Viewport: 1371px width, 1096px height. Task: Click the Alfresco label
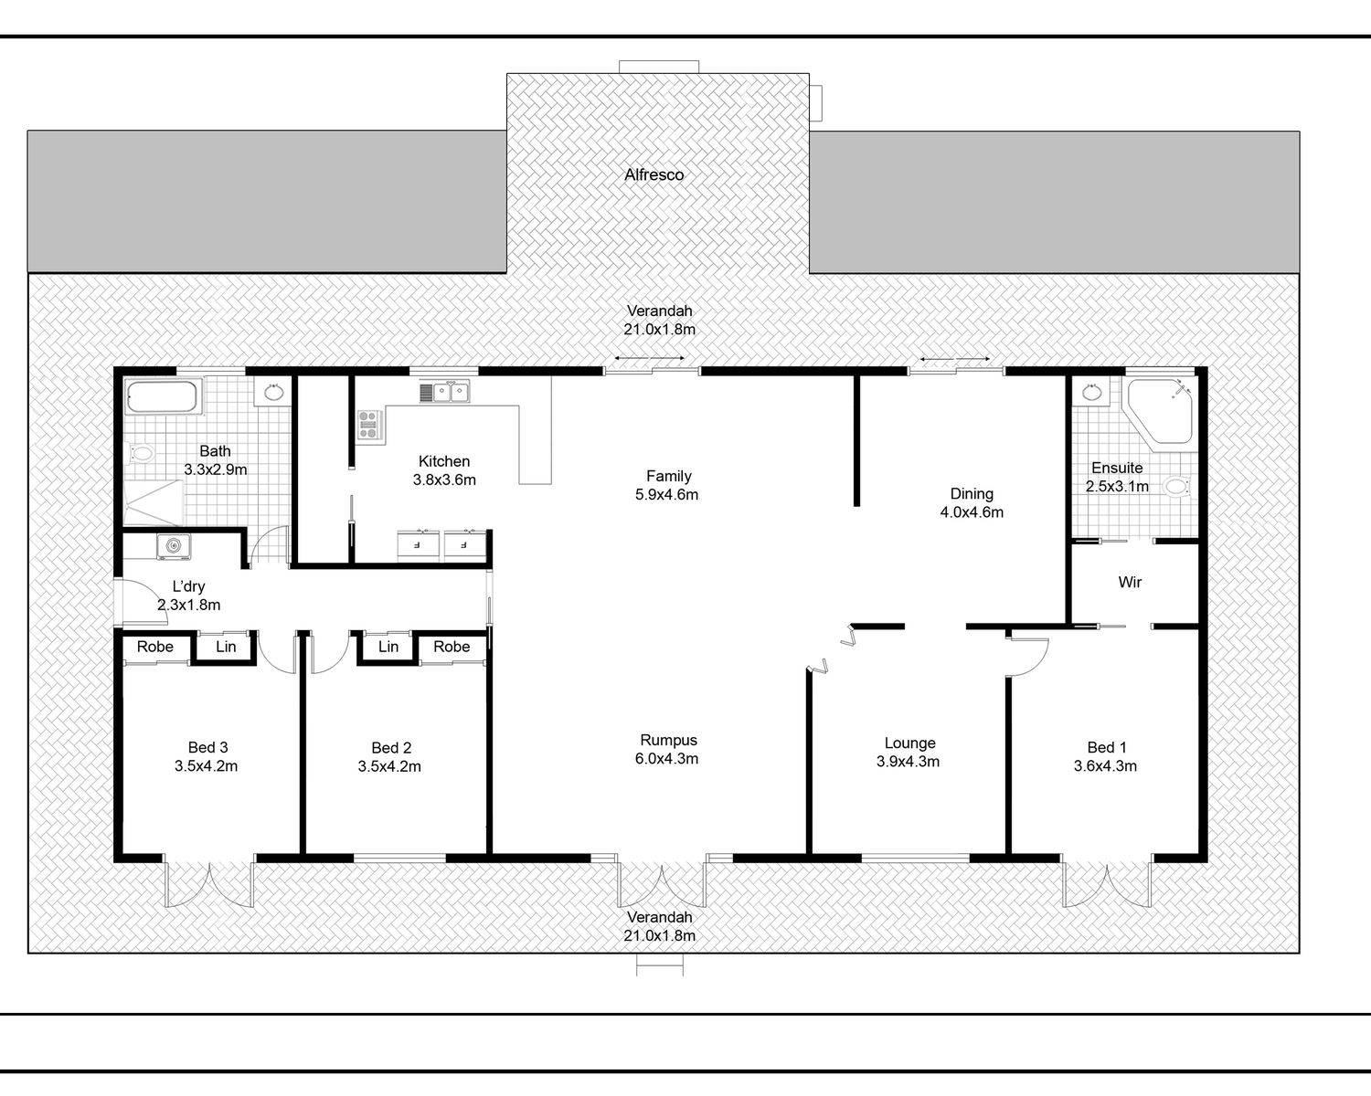point(654,174)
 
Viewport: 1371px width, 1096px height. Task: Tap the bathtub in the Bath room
point(162,396)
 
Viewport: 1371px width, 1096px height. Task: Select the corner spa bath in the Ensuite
point(1157,411)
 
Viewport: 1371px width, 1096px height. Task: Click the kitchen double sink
point(445,392)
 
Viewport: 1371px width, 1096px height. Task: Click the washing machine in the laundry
point(174,546)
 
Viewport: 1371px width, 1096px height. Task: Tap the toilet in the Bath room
point(141,453)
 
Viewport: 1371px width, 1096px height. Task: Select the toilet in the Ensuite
point(1178,487)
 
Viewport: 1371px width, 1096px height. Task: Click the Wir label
point(1130,582)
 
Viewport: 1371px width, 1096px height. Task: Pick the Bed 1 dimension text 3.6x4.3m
point(1105,765)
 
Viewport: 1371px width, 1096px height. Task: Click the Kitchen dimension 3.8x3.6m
point(444,479)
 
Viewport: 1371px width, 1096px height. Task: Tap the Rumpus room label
point(668,740)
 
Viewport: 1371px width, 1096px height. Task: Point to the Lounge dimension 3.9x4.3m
point(908,761)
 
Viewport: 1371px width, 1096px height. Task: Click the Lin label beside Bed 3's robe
point(226,647)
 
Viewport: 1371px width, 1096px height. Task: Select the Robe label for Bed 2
point(452,647)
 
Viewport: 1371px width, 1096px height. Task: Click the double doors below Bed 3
point(209,882)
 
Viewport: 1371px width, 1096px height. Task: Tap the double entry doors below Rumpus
point(662,883)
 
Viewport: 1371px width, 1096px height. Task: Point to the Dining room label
point(972,493)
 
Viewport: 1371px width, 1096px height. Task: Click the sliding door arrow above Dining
point(955,359)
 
